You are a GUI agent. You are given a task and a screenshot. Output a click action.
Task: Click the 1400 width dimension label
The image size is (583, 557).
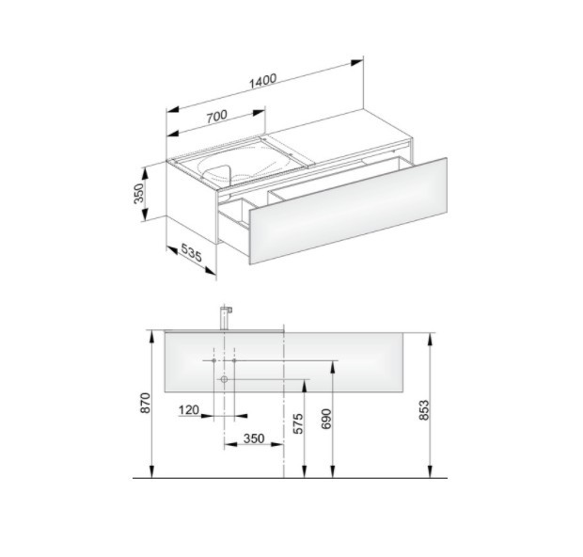263,82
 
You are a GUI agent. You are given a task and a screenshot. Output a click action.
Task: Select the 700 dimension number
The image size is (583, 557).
217,116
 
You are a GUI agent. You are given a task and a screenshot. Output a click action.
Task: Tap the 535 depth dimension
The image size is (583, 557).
192,253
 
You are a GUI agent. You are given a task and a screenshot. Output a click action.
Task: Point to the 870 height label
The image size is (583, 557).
145,403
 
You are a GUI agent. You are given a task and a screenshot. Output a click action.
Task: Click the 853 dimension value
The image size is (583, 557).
424,410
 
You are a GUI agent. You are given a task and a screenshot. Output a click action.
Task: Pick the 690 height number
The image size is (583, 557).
325,419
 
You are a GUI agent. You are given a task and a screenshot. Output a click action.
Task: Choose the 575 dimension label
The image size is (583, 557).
298,423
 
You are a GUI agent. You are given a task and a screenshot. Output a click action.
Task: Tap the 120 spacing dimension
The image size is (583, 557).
189,410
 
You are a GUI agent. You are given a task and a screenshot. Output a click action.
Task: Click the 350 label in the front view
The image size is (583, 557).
254,438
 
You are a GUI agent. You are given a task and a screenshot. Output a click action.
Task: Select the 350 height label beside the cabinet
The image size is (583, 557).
138,194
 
